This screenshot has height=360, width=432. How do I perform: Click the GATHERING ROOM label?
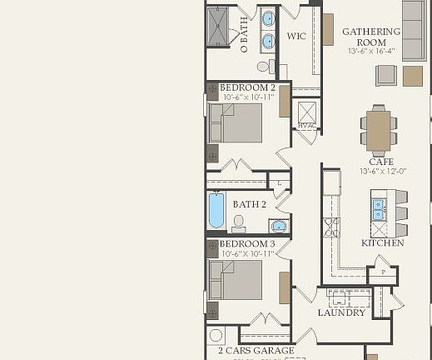(371, 37)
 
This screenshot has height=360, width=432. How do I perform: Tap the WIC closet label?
(297, 37)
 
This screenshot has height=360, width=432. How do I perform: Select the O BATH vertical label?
(244, 36)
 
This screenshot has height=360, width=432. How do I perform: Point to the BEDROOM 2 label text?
(247, 87)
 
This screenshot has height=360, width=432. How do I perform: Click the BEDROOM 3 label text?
(247, 243)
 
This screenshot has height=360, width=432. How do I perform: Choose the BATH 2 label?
(250, 204)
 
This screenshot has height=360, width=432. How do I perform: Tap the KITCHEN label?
(382, 242)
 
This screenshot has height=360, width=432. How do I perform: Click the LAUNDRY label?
(341, 312)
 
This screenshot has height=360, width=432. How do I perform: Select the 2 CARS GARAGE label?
(256, 350)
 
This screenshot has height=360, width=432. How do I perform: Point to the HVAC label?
(306, 126)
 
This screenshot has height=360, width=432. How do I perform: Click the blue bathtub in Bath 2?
(216, 210)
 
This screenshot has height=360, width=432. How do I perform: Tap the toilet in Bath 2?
(239, 222)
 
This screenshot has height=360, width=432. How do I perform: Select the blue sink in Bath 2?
(277, 225)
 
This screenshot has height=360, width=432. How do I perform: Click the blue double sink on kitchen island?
(378, 209)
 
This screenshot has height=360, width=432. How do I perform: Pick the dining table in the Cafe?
(379, 129)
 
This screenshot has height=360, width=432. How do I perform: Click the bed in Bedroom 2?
(236, 122)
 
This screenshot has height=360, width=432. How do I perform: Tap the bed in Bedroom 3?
(236, 279)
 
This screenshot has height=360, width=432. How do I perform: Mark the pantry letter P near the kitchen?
(383, 272)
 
